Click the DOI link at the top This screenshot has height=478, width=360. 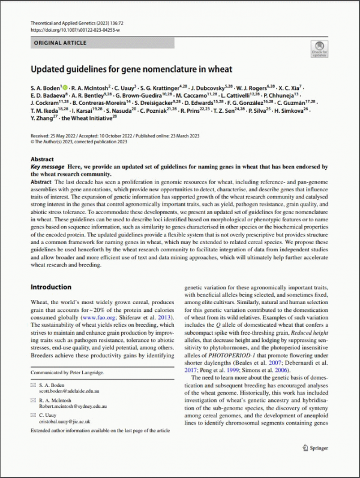pyautogui.click(x=75, y=29)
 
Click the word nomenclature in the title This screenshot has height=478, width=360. pyautogui.click(x=173, y=69)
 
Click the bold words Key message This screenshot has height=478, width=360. pyautogui.click(x=48, y=167)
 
